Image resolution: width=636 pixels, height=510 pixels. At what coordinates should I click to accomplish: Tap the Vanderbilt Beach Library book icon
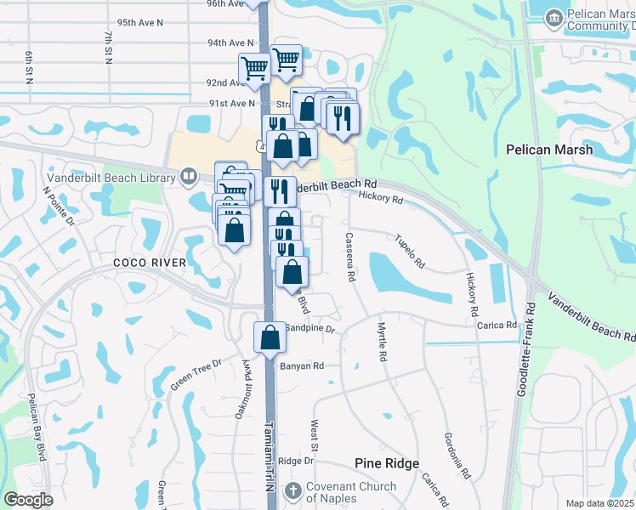(189, 177)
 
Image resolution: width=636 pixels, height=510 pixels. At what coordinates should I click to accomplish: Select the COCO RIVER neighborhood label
(150, 263)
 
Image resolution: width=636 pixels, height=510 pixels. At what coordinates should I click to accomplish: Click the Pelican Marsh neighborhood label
(561, 149)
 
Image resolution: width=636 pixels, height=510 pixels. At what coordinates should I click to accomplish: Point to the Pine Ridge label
(387, 463)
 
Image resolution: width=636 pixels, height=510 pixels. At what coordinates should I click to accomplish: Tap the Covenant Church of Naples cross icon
(292, 491)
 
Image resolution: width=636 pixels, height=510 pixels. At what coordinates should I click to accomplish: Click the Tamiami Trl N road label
(269, 459)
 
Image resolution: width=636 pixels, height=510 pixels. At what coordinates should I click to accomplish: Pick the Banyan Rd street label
(302, 366)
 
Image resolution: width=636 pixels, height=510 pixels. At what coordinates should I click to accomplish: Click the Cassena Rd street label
(349, 257)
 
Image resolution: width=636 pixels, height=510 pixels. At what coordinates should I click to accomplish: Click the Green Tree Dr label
(195, 373)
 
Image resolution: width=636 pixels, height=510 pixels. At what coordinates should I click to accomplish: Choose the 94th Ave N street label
(230, 42)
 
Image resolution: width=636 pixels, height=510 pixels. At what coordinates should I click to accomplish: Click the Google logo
(28, 500)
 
